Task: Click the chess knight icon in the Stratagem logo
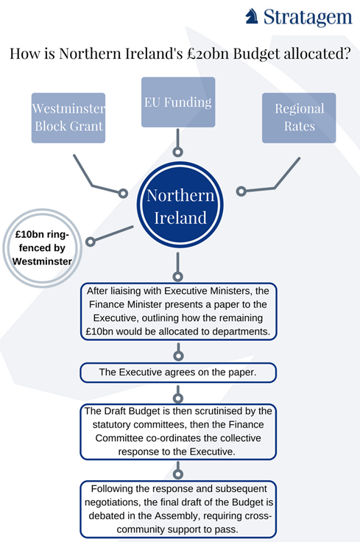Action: tap(252, 16)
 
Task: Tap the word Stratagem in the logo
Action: tap(308, 17)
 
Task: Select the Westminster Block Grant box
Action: tap(68, 118)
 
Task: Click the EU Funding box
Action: tap(178, 102)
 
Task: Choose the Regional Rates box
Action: tap(299, 118)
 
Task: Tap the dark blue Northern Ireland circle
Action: tap(180, 205)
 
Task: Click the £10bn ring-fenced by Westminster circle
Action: tap(42, 248)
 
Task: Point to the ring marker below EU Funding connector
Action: tap(177, 152)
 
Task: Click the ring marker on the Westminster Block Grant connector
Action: tap(123, 193)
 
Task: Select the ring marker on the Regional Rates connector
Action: tap(241, 191)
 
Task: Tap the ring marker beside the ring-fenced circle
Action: tap(91, 242)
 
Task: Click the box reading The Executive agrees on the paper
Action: tap(178, 373)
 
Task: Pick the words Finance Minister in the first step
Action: tap(125, 305)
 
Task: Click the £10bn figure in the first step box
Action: tap(99, 332)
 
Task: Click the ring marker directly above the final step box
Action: tap(178, 474)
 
